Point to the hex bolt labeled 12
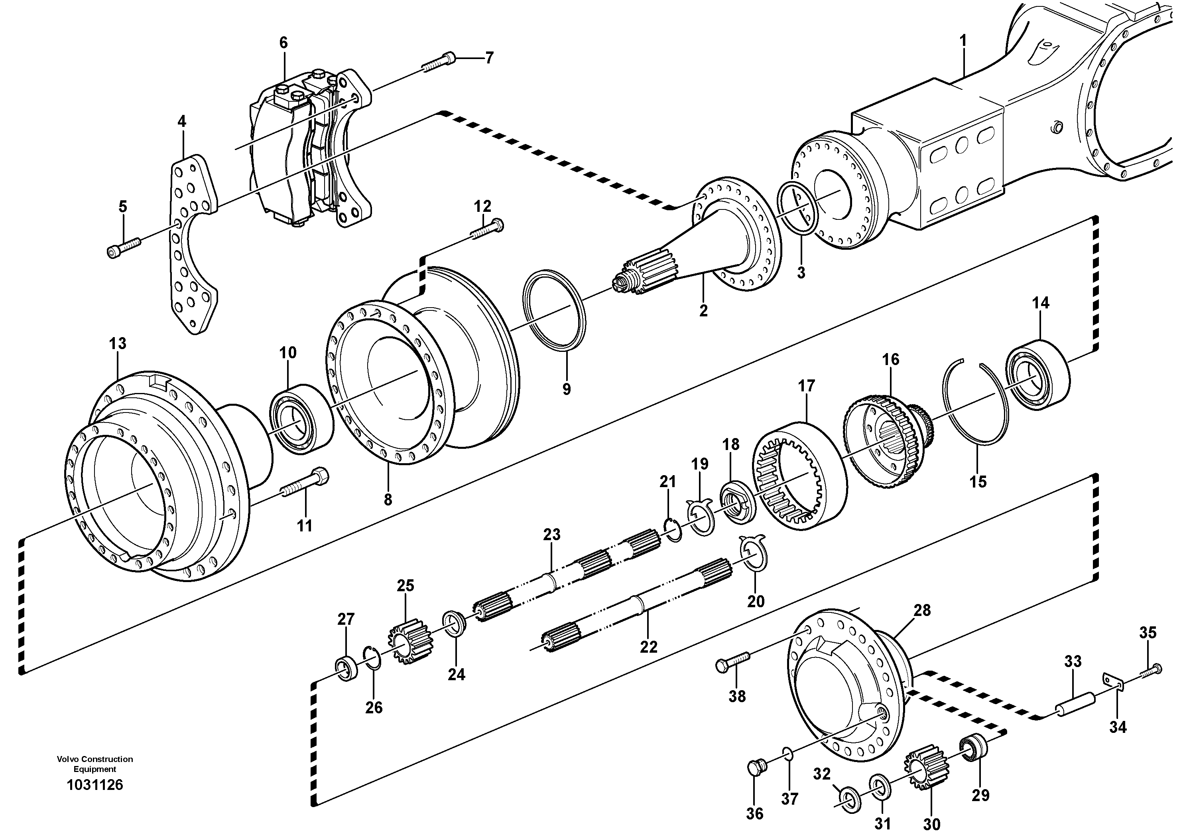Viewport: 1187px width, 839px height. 488,230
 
